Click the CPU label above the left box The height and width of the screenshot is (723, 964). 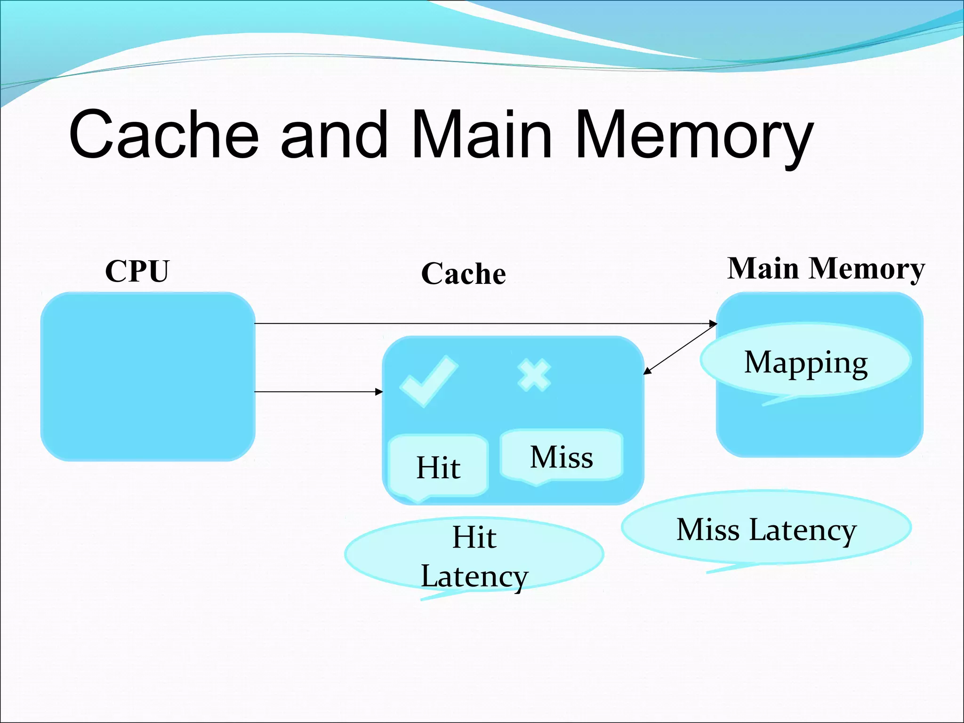[137, 272]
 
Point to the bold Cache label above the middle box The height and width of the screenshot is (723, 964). [463, 274]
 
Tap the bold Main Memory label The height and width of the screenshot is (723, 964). [826, 269]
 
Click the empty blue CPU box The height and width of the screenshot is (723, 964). [148, 377]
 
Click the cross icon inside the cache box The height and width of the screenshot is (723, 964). [534, 375]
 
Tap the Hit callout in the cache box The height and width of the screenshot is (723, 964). [438, 467]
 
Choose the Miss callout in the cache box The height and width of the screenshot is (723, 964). [561, 457]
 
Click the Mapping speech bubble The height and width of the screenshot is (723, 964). [806, 362]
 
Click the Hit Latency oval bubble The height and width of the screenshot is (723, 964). [474, 555]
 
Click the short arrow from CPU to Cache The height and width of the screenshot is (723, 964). [318, 392]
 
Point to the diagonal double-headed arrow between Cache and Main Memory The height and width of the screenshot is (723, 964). [680, 349]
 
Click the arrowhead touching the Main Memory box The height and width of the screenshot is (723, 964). [713, 324]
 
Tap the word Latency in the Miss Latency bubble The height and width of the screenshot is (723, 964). [803, 530]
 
